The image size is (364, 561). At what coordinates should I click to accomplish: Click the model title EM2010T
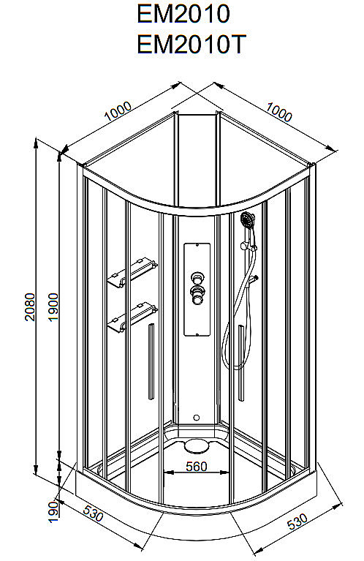coord(192,44)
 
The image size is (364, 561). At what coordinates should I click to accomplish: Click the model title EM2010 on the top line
coord(183,14)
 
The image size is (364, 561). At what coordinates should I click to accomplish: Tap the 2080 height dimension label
coord(30,306)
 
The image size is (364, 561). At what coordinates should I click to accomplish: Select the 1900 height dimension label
coord(53,307)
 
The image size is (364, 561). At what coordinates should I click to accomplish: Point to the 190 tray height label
coord(53,512)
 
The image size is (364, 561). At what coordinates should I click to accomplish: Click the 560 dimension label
coord(197,466)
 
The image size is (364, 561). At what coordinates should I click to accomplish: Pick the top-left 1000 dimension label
coord(118,111)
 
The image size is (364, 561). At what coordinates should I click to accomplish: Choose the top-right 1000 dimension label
coord(279,112)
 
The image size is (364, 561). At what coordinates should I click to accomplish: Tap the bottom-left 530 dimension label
coord(93,513)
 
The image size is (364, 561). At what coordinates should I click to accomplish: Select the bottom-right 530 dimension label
coord(297,522)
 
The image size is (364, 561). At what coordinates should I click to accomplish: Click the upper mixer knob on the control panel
coord(197,277)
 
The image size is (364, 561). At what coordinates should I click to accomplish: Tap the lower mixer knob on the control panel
coord(197,295)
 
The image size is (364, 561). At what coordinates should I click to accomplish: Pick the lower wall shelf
coord(132,317)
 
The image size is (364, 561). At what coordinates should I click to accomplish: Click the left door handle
coord(151,361)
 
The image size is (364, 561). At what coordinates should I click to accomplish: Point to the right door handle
coord(241,362)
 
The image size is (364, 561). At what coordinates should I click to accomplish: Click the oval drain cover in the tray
coord(197,445)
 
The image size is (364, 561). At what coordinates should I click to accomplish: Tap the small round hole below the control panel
coord(197,418)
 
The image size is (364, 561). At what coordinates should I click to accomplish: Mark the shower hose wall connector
coord(254,279)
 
